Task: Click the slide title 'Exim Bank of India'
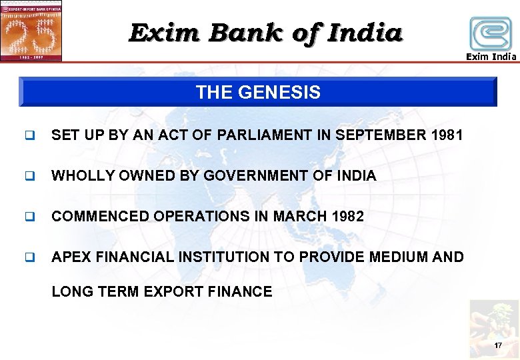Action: pos(265,32)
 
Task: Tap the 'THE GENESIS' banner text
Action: pos(258,93)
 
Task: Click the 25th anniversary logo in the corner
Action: pos(31,31)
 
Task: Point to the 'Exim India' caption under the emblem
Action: pos(491,57)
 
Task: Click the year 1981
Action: pos(447,135)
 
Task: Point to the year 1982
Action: pos(347,217)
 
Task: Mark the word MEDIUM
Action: pos(395,257)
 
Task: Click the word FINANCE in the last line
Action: pos(241,291)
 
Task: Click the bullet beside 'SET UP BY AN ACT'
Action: pos(29,136)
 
